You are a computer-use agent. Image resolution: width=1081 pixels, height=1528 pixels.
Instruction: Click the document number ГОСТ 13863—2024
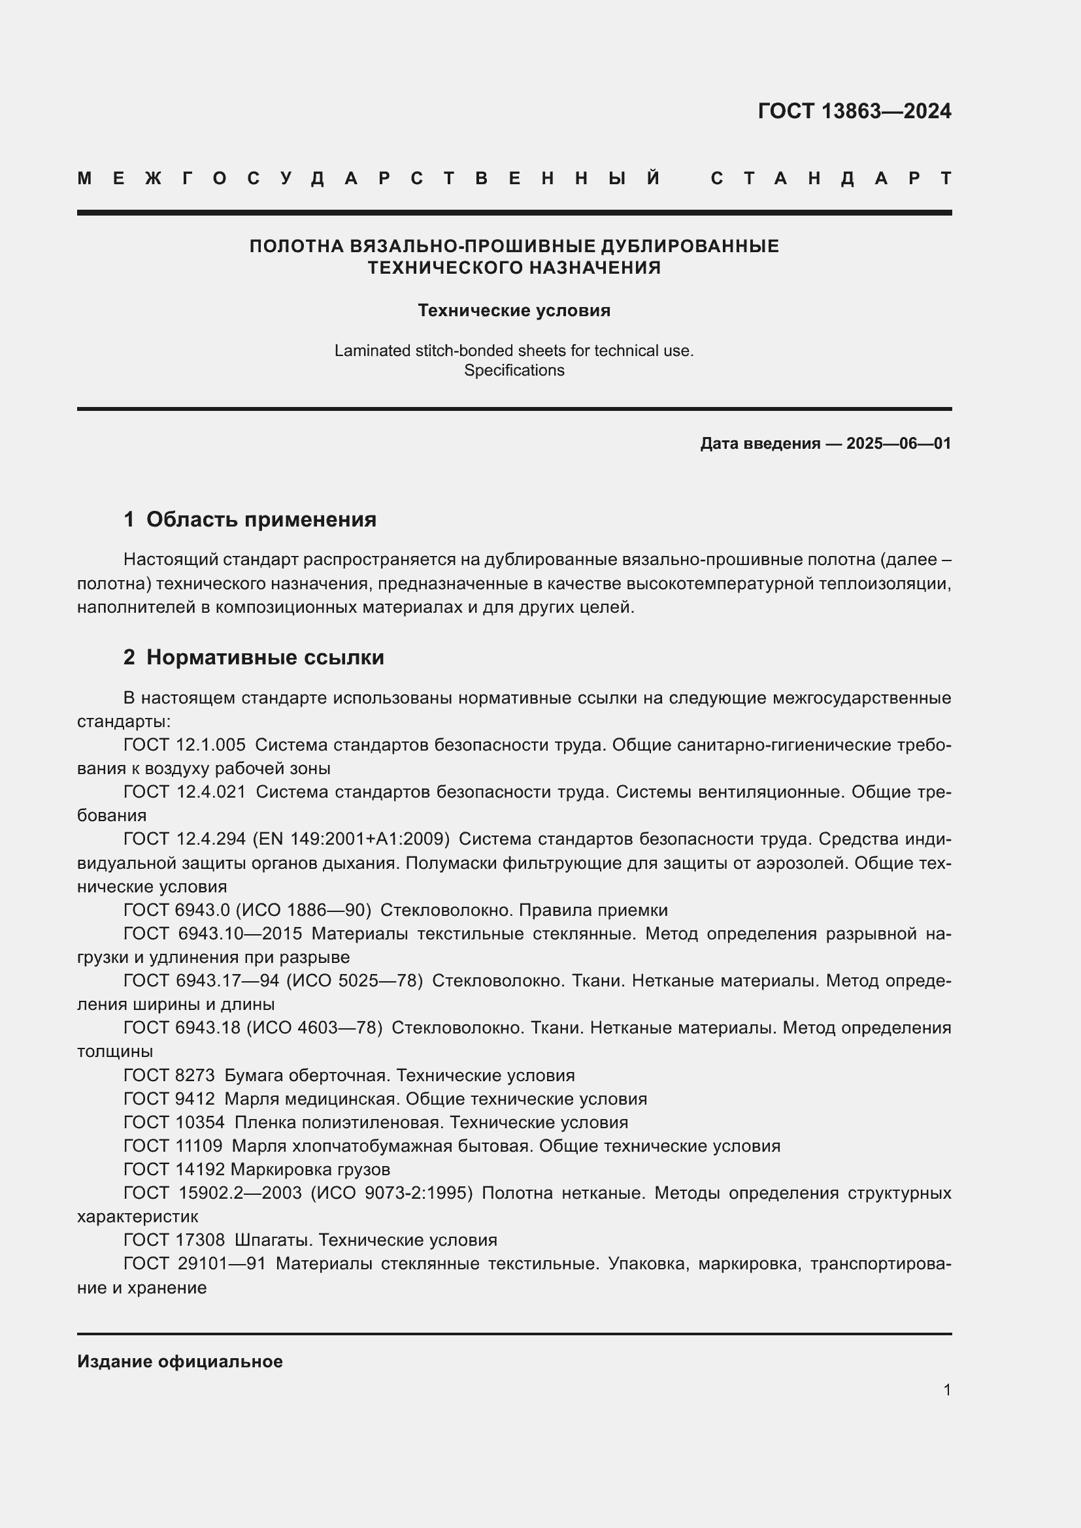tap(854, 111)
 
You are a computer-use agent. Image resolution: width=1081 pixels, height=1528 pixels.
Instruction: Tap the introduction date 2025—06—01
tap(898, 444)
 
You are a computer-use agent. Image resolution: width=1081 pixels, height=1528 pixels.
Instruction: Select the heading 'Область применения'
tap(261, 520)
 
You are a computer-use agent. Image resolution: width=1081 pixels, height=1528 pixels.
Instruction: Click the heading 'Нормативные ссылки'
tap(265, 658)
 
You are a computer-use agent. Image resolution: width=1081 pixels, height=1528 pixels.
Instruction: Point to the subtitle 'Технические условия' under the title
tap(514, 311)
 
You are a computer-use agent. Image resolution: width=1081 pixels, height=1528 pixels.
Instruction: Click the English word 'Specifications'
tap(514, 370)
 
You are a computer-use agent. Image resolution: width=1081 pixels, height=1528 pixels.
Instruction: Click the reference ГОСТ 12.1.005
tap(184, 745)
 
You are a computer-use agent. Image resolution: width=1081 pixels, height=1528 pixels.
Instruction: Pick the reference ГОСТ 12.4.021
tap(184, 792)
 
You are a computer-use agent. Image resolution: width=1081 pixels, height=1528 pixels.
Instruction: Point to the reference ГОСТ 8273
tap(169, 1075)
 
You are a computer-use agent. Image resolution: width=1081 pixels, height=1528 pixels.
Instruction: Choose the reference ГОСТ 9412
tap(169, 1099)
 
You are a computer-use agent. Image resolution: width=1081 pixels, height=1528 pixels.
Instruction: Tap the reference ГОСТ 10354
tap(174, 1123)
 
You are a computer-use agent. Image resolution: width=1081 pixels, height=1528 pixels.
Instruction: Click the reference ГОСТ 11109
tap(173, 1146)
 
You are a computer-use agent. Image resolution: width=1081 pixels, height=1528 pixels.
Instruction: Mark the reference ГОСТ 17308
tap(174, 1240)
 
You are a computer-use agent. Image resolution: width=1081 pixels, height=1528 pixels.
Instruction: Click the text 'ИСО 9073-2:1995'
tap(391, 1194)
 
